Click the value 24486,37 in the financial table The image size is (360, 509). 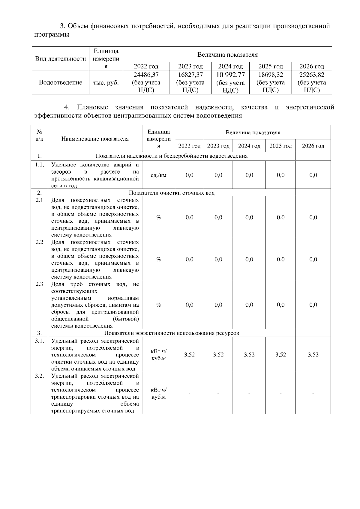point(146,75)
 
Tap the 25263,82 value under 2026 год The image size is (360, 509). point(312,75)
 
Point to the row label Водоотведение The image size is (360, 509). point(60,82)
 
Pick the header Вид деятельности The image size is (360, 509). point(60,59)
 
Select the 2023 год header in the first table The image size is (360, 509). point(190,66)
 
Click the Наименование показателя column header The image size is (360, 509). point(95,139)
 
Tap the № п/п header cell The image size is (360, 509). point(39,135)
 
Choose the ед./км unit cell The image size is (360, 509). point(158,175)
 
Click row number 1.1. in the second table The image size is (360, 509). point(39,165)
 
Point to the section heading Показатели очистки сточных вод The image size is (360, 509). point(172,193)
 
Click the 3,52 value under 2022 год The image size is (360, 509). point(189,355)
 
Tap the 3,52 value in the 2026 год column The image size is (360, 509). point(313,355)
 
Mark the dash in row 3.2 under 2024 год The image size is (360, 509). point(249,393)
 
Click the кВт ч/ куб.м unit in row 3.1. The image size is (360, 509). point(158,355)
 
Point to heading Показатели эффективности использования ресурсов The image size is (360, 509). point(172,333)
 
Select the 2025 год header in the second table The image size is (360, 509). point(280,146)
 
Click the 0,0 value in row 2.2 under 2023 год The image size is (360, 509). point(218,259)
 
